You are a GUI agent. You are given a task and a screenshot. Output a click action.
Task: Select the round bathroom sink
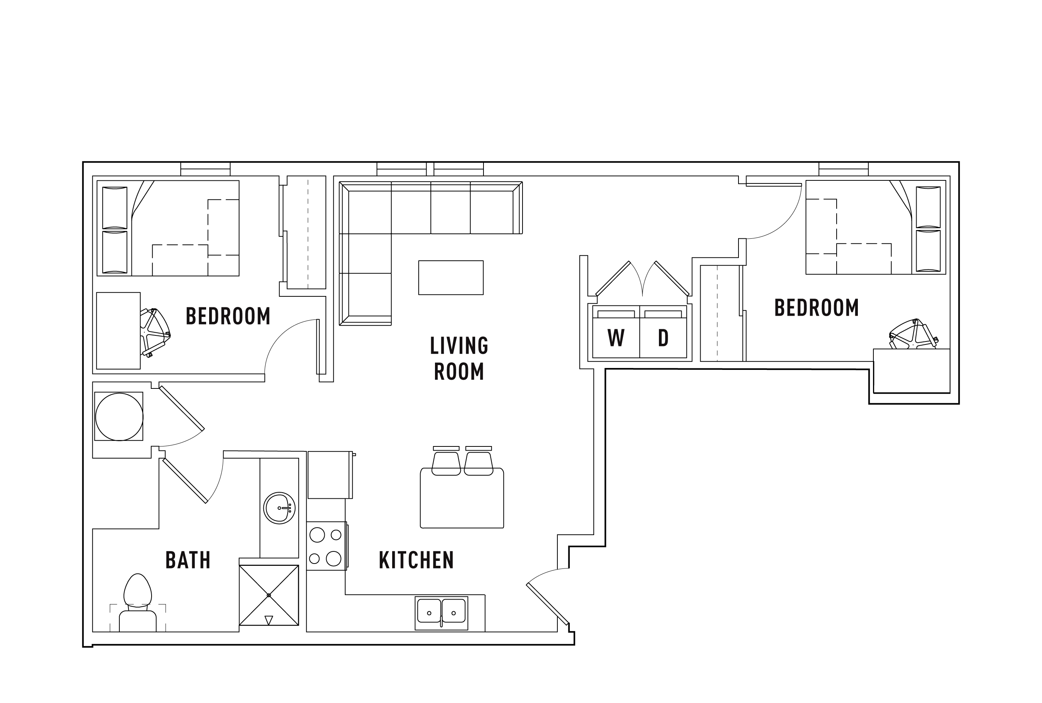click(x=279, y=508)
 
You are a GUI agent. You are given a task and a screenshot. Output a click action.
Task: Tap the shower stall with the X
click(x=268, y=595)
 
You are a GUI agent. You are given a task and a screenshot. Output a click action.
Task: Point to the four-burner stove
click(x=326, y=546)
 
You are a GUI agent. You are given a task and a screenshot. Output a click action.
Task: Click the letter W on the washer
click(x=616, y=338)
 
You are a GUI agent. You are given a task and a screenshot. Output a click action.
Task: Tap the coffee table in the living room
click(x=451, y=277)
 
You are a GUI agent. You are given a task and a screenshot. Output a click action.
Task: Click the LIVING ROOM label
click(x=458, y=358)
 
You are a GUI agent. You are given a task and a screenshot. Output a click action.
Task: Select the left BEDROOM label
click(x=228, y=316)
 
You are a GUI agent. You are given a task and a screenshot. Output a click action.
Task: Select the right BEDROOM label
click(x=816, y=308)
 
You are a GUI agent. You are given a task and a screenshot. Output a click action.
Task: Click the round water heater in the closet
click(x=119, y=416)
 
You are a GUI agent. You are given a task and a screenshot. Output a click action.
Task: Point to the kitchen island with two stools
click(x=462, y=498)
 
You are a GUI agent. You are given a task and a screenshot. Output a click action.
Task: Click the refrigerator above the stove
click(x=329, y=475)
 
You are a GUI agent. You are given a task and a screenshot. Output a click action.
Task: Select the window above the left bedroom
click(x=205, y=169)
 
